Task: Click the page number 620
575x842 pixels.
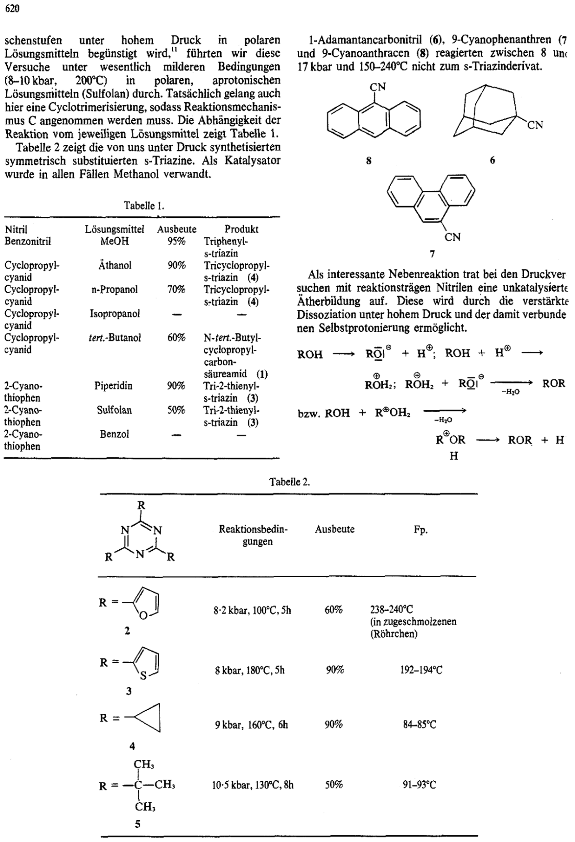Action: point(12,8)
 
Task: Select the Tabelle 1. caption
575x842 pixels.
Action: point(144,206)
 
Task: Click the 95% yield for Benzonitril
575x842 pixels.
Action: point(176,241)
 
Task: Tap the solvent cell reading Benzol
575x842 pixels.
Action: point(114,434)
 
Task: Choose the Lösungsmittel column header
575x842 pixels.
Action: point(115,229)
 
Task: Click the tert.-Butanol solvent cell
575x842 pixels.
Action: point(115,338)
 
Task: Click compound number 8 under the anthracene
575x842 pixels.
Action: point(368,161)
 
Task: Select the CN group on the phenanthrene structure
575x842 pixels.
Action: point(452,237)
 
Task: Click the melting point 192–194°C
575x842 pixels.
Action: point(421,670)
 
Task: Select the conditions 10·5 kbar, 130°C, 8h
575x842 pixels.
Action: point(253,785)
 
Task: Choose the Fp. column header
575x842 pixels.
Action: point(421,530)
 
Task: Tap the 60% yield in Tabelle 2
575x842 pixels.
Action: point(334,610)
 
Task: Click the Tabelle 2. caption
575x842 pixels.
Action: point(289,482)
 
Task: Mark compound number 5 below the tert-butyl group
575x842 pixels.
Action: point(138,824)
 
